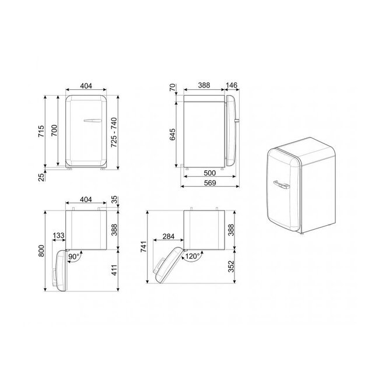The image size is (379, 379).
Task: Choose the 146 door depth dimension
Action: coord(231,85)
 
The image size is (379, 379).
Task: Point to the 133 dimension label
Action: coord(58,236)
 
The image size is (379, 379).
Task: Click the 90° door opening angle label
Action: coord(74,255)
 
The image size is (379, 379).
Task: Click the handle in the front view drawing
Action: coord(93,121)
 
